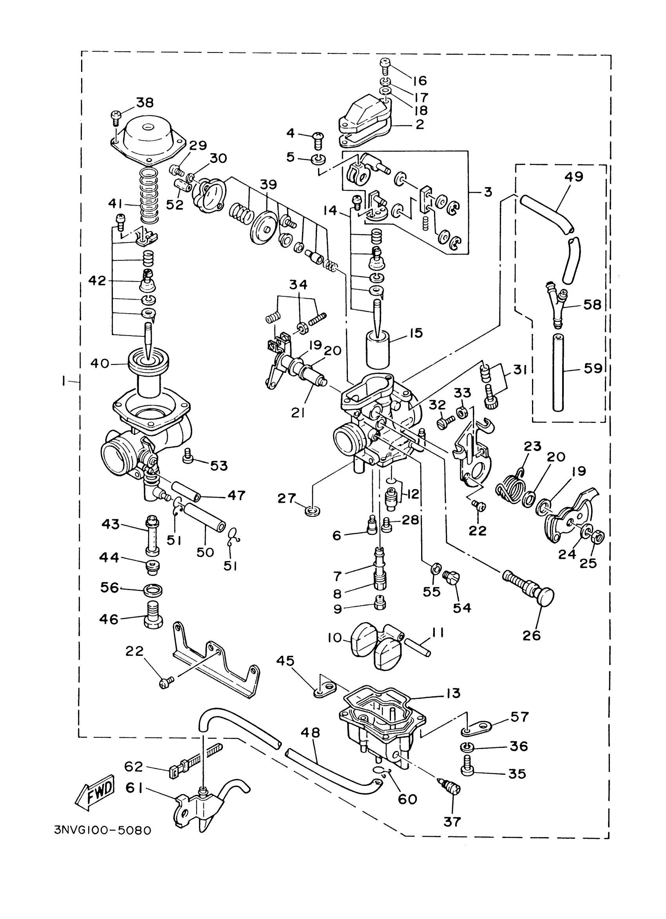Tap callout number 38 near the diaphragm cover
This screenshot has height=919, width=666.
coord(145,103)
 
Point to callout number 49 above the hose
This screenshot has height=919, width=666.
coord(574,177)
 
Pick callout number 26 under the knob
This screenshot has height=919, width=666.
coord(531,635)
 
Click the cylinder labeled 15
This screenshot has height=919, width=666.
coord(377,348)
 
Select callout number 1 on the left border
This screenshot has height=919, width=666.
coord(64,381)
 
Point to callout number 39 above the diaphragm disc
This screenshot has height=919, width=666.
coord(268,184)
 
